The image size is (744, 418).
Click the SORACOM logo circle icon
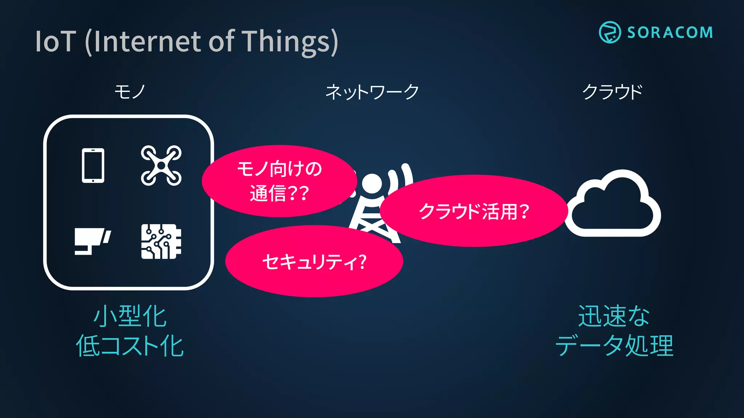[x=610, y=32]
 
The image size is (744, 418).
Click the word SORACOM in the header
[x=670, y=33]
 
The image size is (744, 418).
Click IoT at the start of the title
[x=56, y=42]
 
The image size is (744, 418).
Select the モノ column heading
[x=130, y=92]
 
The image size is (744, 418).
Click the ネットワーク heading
[x=372, y=92]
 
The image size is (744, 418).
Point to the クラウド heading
[x=612, y=92]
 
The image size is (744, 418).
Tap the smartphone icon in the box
[x=93, y=165]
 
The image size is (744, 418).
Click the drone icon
[x=161, y=165]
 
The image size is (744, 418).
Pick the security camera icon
[x=92, y=241]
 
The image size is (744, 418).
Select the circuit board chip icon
[x=161, y=242]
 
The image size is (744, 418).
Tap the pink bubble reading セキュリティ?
[x=314, y=261]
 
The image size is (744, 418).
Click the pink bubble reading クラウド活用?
[x=474, y=211]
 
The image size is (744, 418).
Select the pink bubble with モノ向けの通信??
[x=279, y=181]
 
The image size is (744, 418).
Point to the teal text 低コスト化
[x=130, y=346]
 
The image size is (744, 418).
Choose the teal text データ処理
[x=614, y=346]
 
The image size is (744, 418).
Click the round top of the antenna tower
[x=371, y=184]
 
